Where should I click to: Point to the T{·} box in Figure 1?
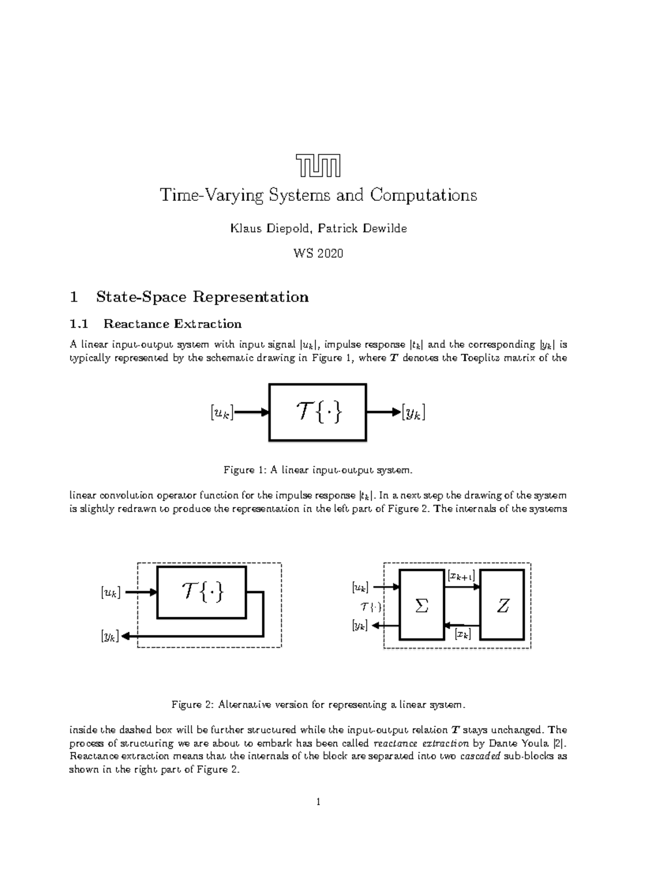[x=318, y=412]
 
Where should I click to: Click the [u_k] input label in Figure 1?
[x=221, y=413]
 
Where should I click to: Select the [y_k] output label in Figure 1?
[x=413, y=413]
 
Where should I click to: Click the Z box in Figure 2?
[x=503, y=605]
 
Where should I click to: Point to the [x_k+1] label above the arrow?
[x=461, y=575]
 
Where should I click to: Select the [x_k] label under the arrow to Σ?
[x=462, y=633]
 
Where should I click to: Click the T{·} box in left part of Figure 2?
[x=201, y=592]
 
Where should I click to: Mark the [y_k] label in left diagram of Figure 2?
[x=110, y=636]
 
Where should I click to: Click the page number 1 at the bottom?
[x=318, y=802]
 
